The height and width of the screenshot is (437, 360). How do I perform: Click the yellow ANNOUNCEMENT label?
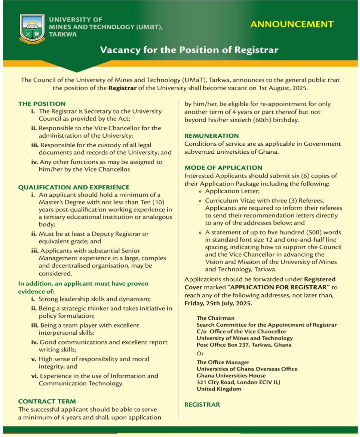tap(292, 24)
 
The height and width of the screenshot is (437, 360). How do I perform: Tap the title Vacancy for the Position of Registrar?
tap(189, 50)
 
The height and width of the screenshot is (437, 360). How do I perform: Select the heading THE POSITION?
tap(42, 104)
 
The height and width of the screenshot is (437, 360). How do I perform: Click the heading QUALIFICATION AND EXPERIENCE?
tap(74, 187)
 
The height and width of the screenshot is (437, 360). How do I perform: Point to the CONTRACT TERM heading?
tap(47, 401)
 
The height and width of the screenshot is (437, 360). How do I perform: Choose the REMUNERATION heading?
tap(211, 136)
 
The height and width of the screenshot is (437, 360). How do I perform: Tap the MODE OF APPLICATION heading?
tap(223, 167)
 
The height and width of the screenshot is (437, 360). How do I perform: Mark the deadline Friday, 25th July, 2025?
tap(218, 303)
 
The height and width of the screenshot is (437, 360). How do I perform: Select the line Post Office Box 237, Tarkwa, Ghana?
tap(244, 345)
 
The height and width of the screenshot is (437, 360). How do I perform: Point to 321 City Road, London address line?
tap(238, 382)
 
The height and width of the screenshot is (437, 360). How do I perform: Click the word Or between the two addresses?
tap(200, 353)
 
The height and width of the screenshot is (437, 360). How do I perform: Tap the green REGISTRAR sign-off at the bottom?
tap(202, 405)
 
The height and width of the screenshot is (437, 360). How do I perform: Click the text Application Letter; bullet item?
tap(232, 191)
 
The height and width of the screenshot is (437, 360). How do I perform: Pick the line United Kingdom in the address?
tap(219, 389)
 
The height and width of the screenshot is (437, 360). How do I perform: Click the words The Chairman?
tap(215, 318)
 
